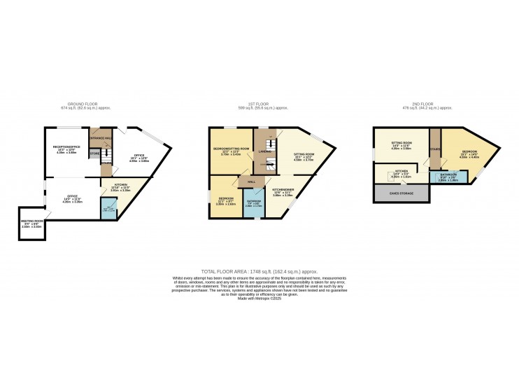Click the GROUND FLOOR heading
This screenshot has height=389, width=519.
pos(75,105)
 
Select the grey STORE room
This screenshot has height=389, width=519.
pos(94,153)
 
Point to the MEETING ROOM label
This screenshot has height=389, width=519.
pos(31,223)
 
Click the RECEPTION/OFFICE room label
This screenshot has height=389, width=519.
pos(67,146)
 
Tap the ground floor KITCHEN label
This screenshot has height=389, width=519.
pos(121,186)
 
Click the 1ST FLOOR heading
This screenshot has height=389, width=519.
pos(262,105)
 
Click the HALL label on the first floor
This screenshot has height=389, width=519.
pos(250,181)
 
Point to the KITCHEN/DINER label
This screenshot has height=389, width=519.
pos(282,190)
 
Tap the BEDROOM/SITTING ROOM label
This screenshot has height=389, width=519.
pos(232,149)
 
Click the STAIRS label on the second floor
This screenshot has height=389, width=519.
pos(434,149)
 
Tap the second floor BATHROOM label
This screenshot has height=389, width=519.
pos(448,176)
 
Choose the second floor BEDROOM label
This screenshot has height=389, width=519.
pos(469,151)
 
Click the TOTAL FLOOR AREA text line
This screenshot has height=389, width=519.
pos(259,271)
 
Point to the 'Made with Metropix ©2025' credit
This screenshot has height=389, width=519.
pos(259,299)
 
